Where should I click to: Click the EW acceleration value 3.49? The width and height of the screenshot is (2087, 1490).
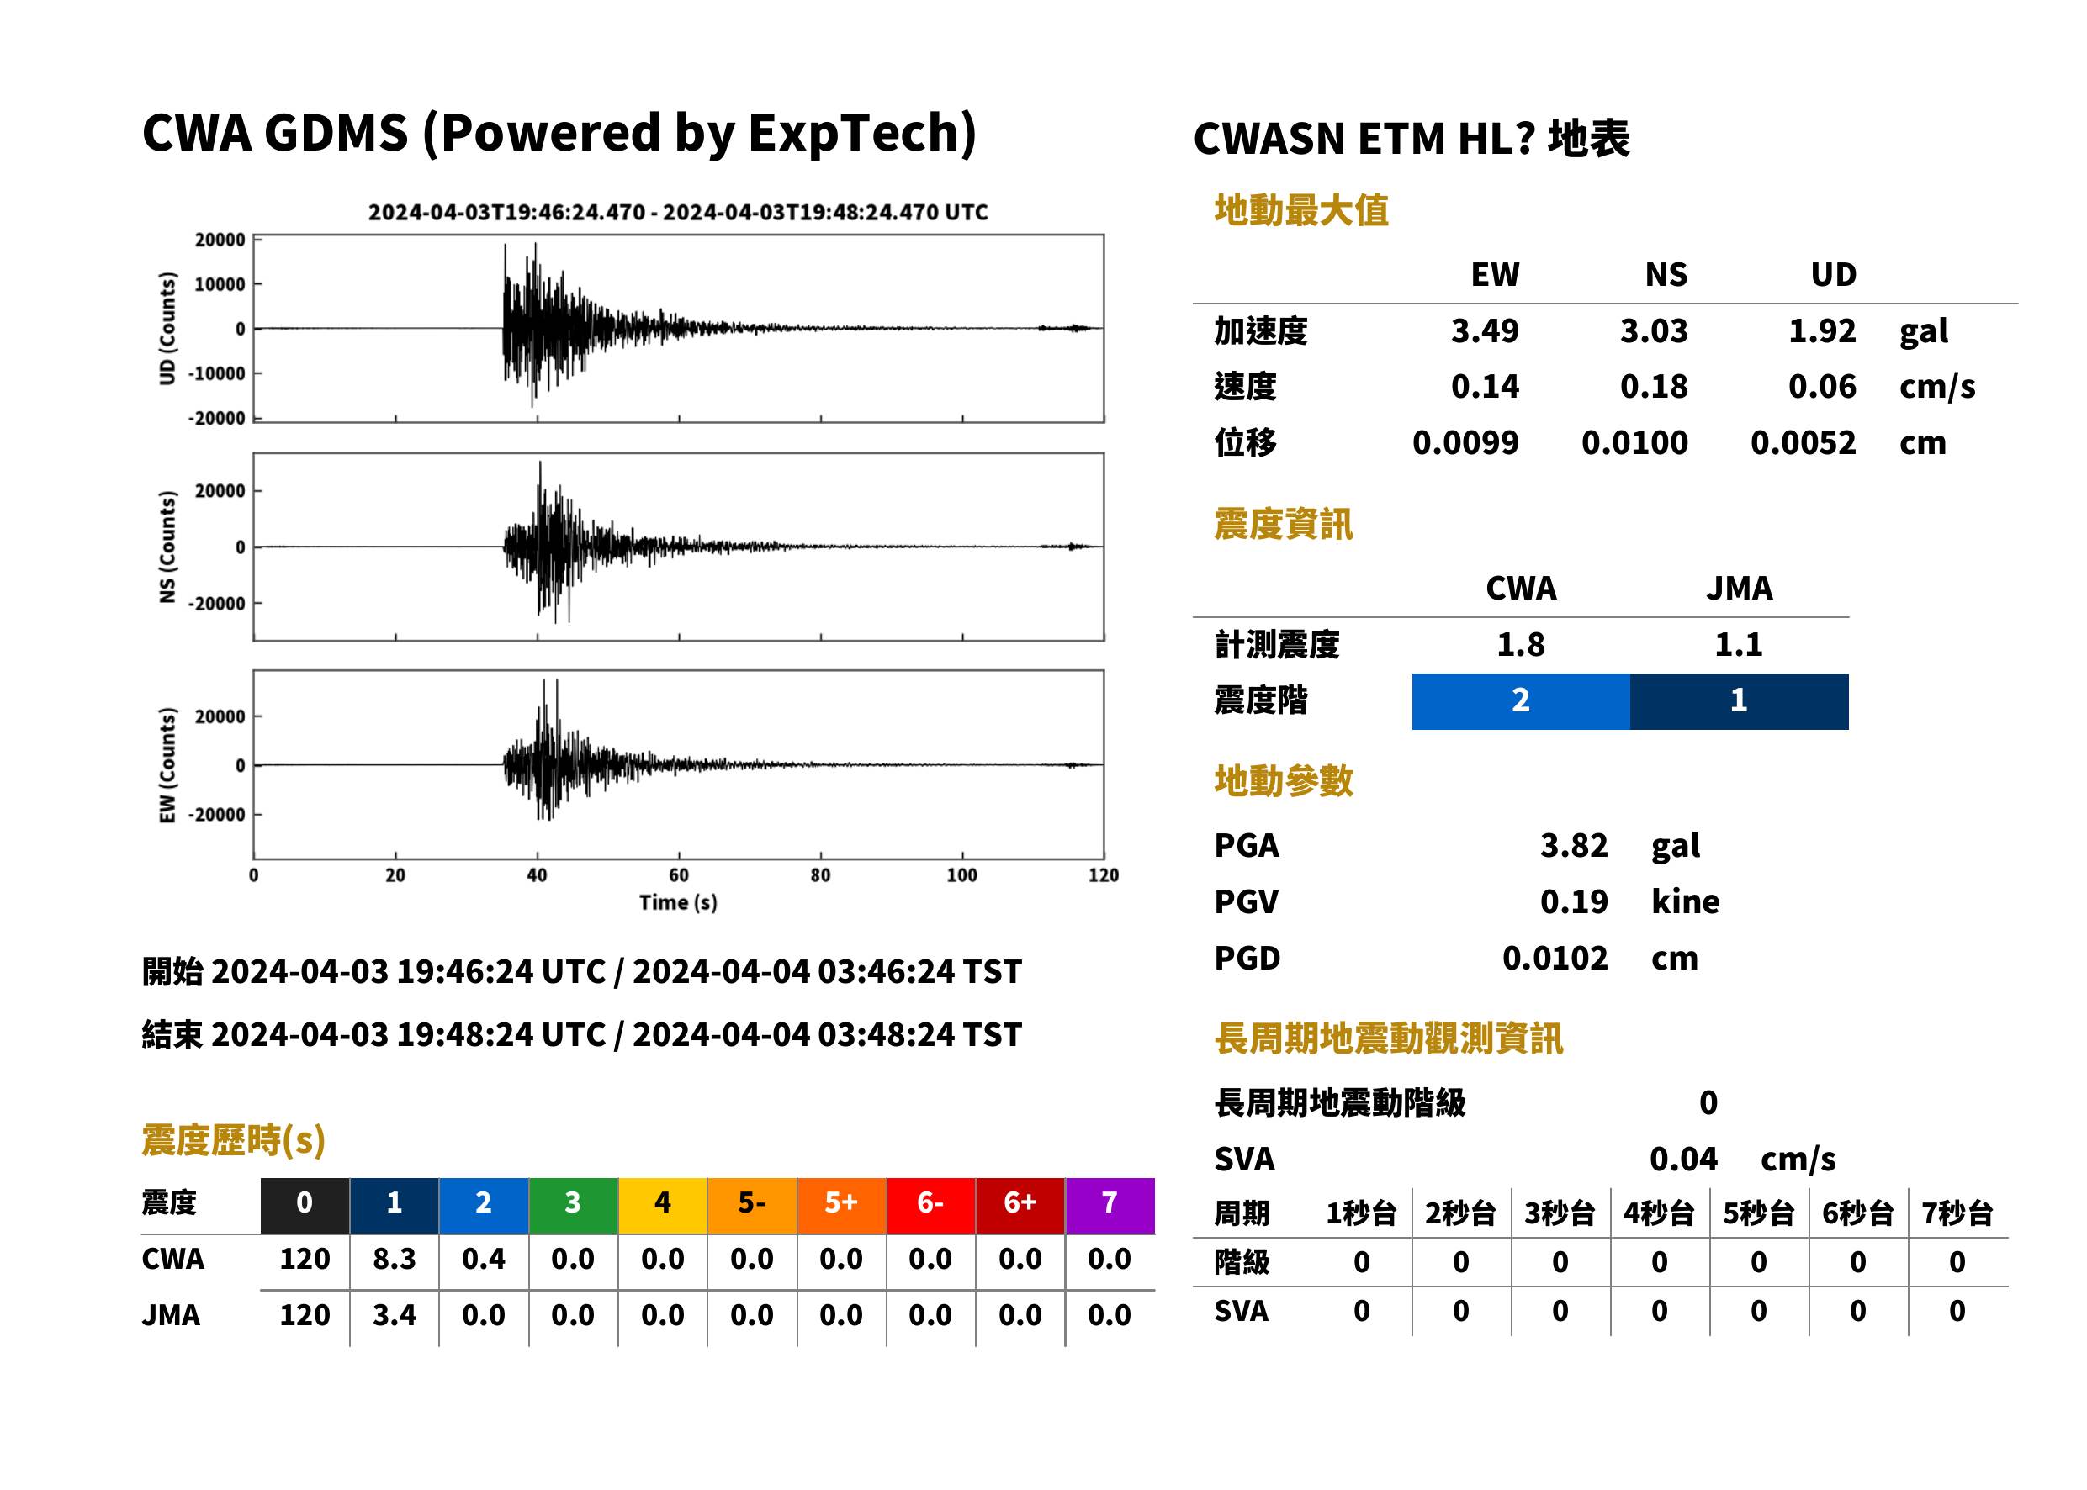click(1484, 330)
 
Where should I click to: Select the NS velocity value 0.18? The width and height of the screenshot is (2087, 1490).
click(1653, 386)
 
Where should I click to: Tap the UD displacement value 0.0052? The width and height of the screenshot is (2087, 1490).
click(1803, 442)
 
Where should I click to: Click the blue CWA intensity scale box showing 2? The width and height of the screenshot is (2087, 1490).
click(1521, 701)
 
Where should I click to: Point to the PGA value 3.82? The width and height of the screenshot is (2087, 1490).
click(1574, 845)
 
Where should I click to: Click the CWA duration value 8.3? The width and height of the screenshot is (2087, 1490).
click(394, 1259)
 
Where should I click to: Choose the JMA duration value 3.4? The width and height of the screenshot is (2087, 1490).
click(394, 1315)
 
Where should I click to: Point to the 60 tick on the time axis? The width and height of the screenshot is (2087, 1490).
click(678, 875)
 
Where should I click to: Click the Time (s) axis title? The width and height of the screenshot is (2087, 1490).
click(678, 903)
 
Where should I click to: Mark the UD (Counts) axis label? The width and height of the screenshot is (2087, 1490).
click(167, 329)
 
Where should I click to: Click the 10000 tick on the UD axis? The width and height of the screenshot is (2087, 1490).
click(220, 284)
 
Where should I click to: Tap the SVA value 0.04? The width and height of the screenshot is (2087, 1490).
click(1683, 1159)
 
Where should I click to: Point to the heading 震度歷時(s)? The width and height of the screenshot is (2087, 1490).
click(234, 1140)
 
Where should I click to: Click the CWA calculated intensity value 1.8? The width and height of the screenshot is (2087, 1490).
click(1521, 644)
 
